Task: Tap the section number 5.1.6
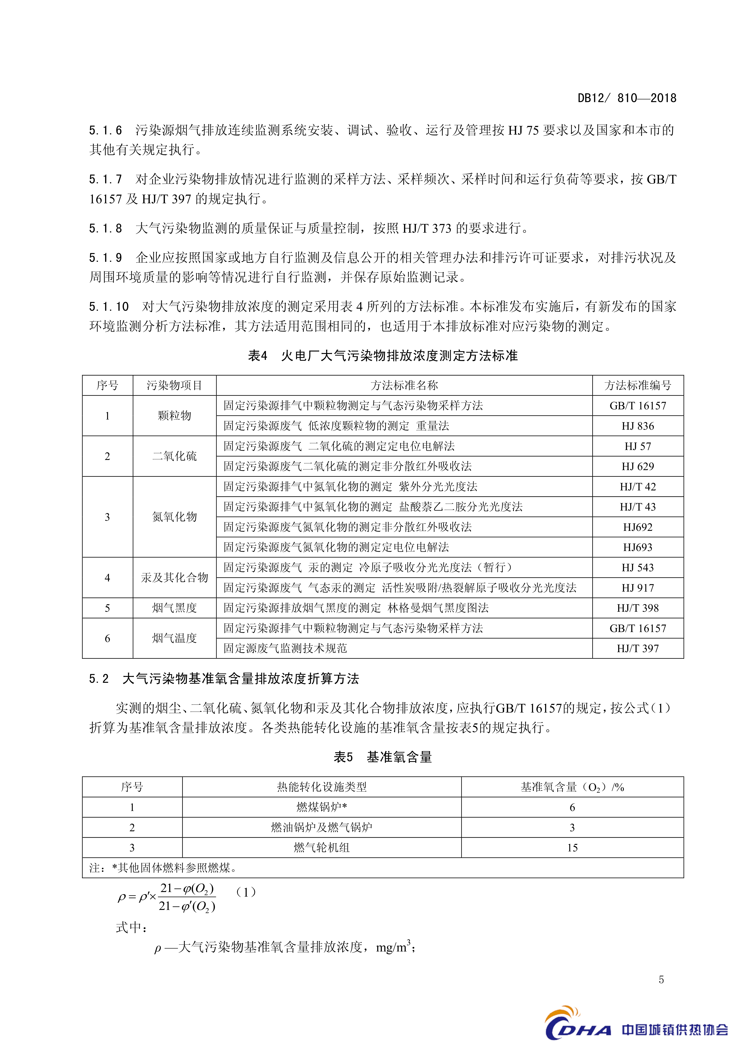coord(106,130)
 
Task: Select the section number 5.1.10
coord(109,307)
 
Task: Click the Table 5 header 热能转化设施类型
coord(322,787)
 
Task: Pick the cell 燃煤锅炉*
coord(322,807)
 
